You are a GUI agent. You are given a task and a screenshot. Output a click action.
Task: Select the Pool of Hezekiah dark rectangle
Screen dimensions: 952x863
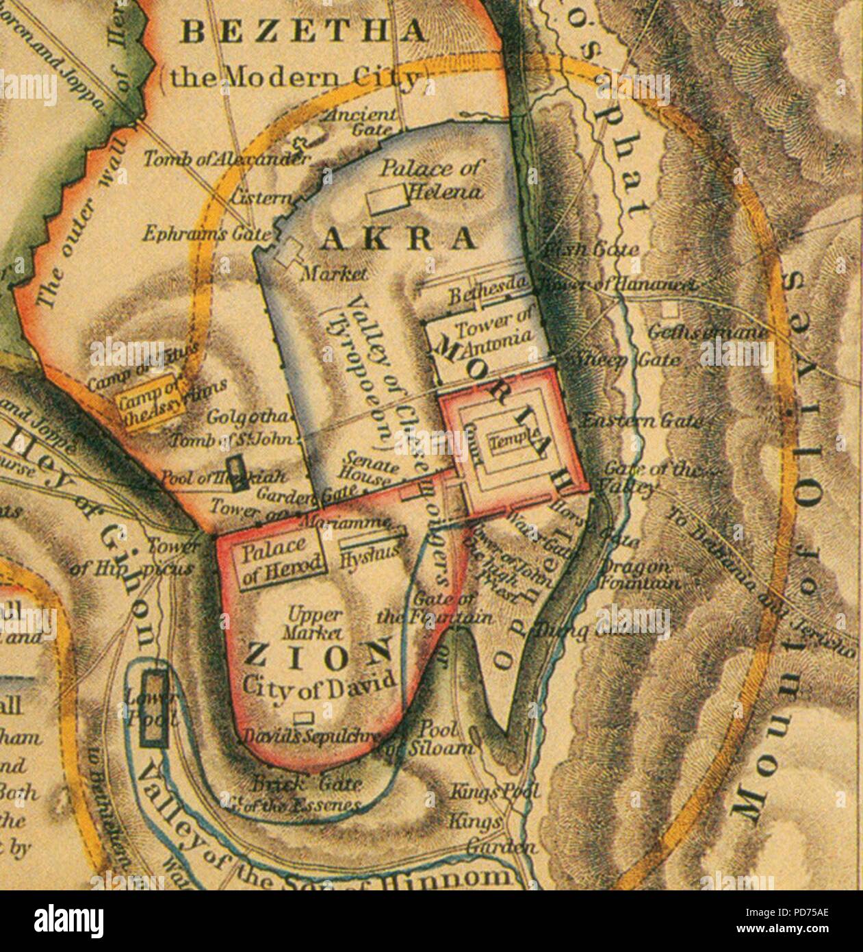click(x=237, y=473)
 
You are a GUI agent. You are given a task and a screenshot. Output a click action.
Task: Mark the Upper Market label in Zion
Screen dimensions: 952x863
click(x=315, y=621)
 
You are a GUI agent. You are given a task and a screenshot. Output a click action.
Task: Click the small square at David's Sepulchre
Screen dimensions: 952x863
click(x=303, y=718)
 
